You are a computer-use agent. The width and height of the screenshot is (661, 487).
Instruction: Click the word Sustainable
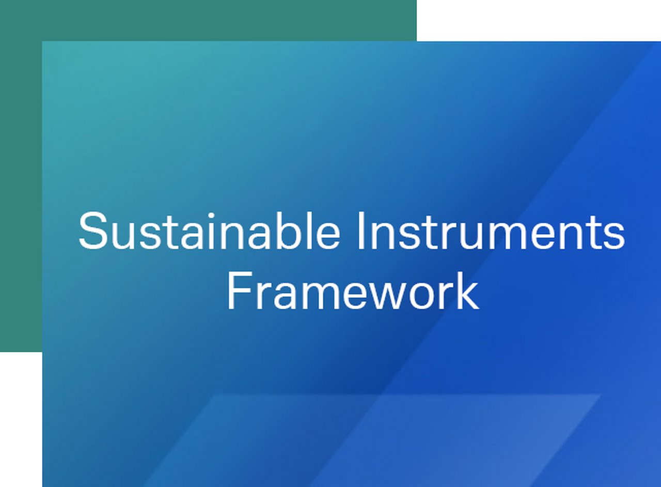click(209, 231)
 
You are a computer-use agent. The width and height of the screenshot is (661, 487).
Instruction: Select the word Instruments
click(491, 231)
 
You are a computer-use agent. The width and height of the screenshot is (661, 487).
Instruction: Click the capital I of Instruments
click(360, 231)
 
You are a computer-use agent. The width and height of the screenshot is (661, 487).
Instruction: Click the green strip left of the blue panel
click(21, 196)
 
